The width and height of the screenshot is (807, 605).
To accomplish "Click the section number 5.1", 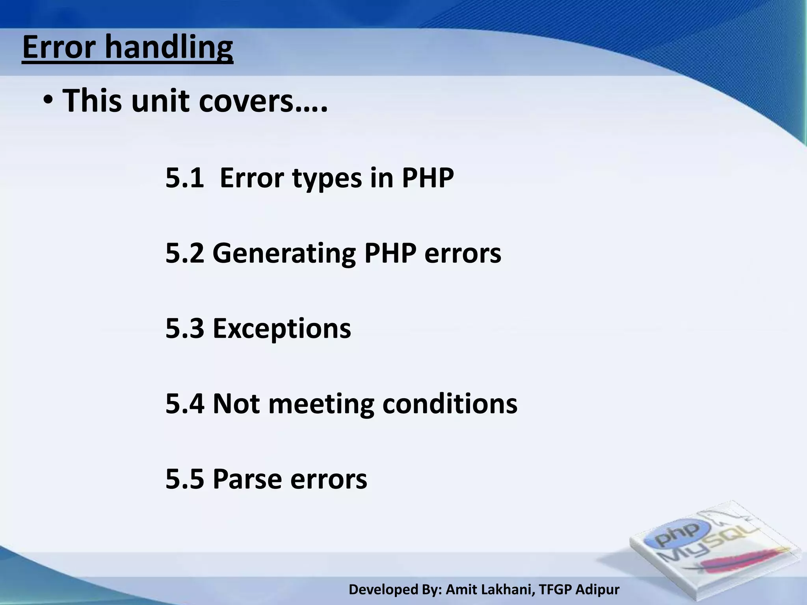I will coord(184,178).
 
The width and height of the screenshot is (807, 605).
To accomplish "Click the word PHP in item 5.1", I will coord(428,178).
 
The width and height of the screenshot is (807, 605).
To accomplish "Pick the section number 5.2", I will coord(184,253).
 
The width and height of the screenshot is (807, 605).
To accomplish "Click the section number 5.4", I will coord(184,404).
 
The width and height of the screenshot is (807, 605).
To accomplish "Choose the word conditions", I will coord(450,404).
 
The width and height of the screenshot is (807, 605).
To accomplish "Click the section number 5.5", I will coord(184,479).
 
